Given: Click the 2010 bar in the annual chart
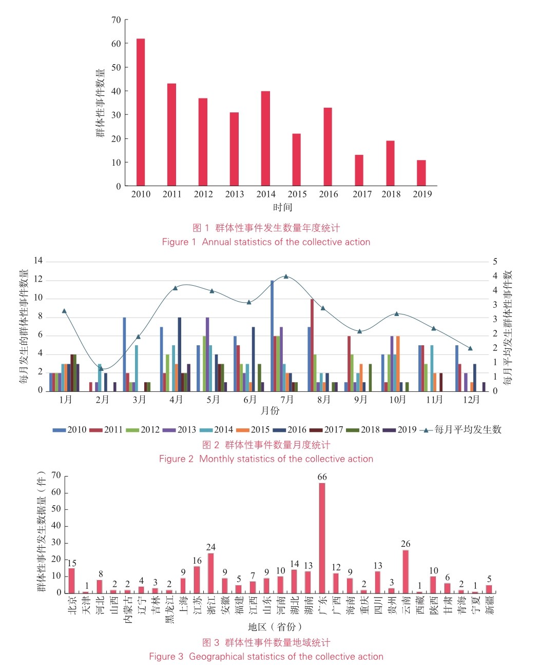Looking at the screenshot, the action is [x=141, y=112].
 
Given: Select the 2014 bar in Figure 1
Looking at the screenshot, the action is [x=265, y=139].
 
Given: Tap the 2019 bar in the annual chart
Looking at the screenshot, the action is [x=421, y=173].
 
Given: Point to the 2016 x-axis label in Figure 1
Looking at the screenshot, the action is [x=329, y=194].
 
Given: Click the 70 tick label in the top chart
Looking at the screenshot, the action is [x=116, y=20].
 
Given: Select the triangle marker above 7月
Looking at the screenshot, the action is [x=286, y=276].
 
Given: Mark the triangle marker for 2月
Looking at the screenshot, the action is [x=101, y=368].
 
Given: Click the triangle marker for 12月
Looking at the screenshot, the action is [x=470, y=348].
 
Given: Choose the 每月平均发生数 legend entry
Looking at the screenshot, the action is [x=460, y=430].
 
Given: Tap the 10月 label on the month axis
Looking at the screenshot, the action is [x=397, y=400].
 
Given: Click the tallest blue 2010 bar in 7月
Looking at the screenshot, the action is [x=272, y=335].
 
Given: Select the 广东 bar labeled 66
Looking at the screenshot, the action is [x=322, y=538].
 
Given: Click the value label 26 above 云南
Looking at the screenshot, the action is [x=406, y=544].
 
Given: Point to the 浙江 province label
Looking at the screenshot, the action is [x=211, y=605].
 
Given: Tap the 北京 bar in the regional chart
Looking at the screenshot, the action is [x=71, y=581].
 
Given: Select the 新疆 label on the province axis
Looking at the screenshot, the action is [x=489, y=605].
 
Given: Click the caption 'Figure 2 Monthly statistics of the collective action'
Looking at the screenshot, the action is [x=266, y=459].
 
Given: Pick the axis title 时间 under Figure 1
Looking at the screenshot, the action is [x=282, y=207].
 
